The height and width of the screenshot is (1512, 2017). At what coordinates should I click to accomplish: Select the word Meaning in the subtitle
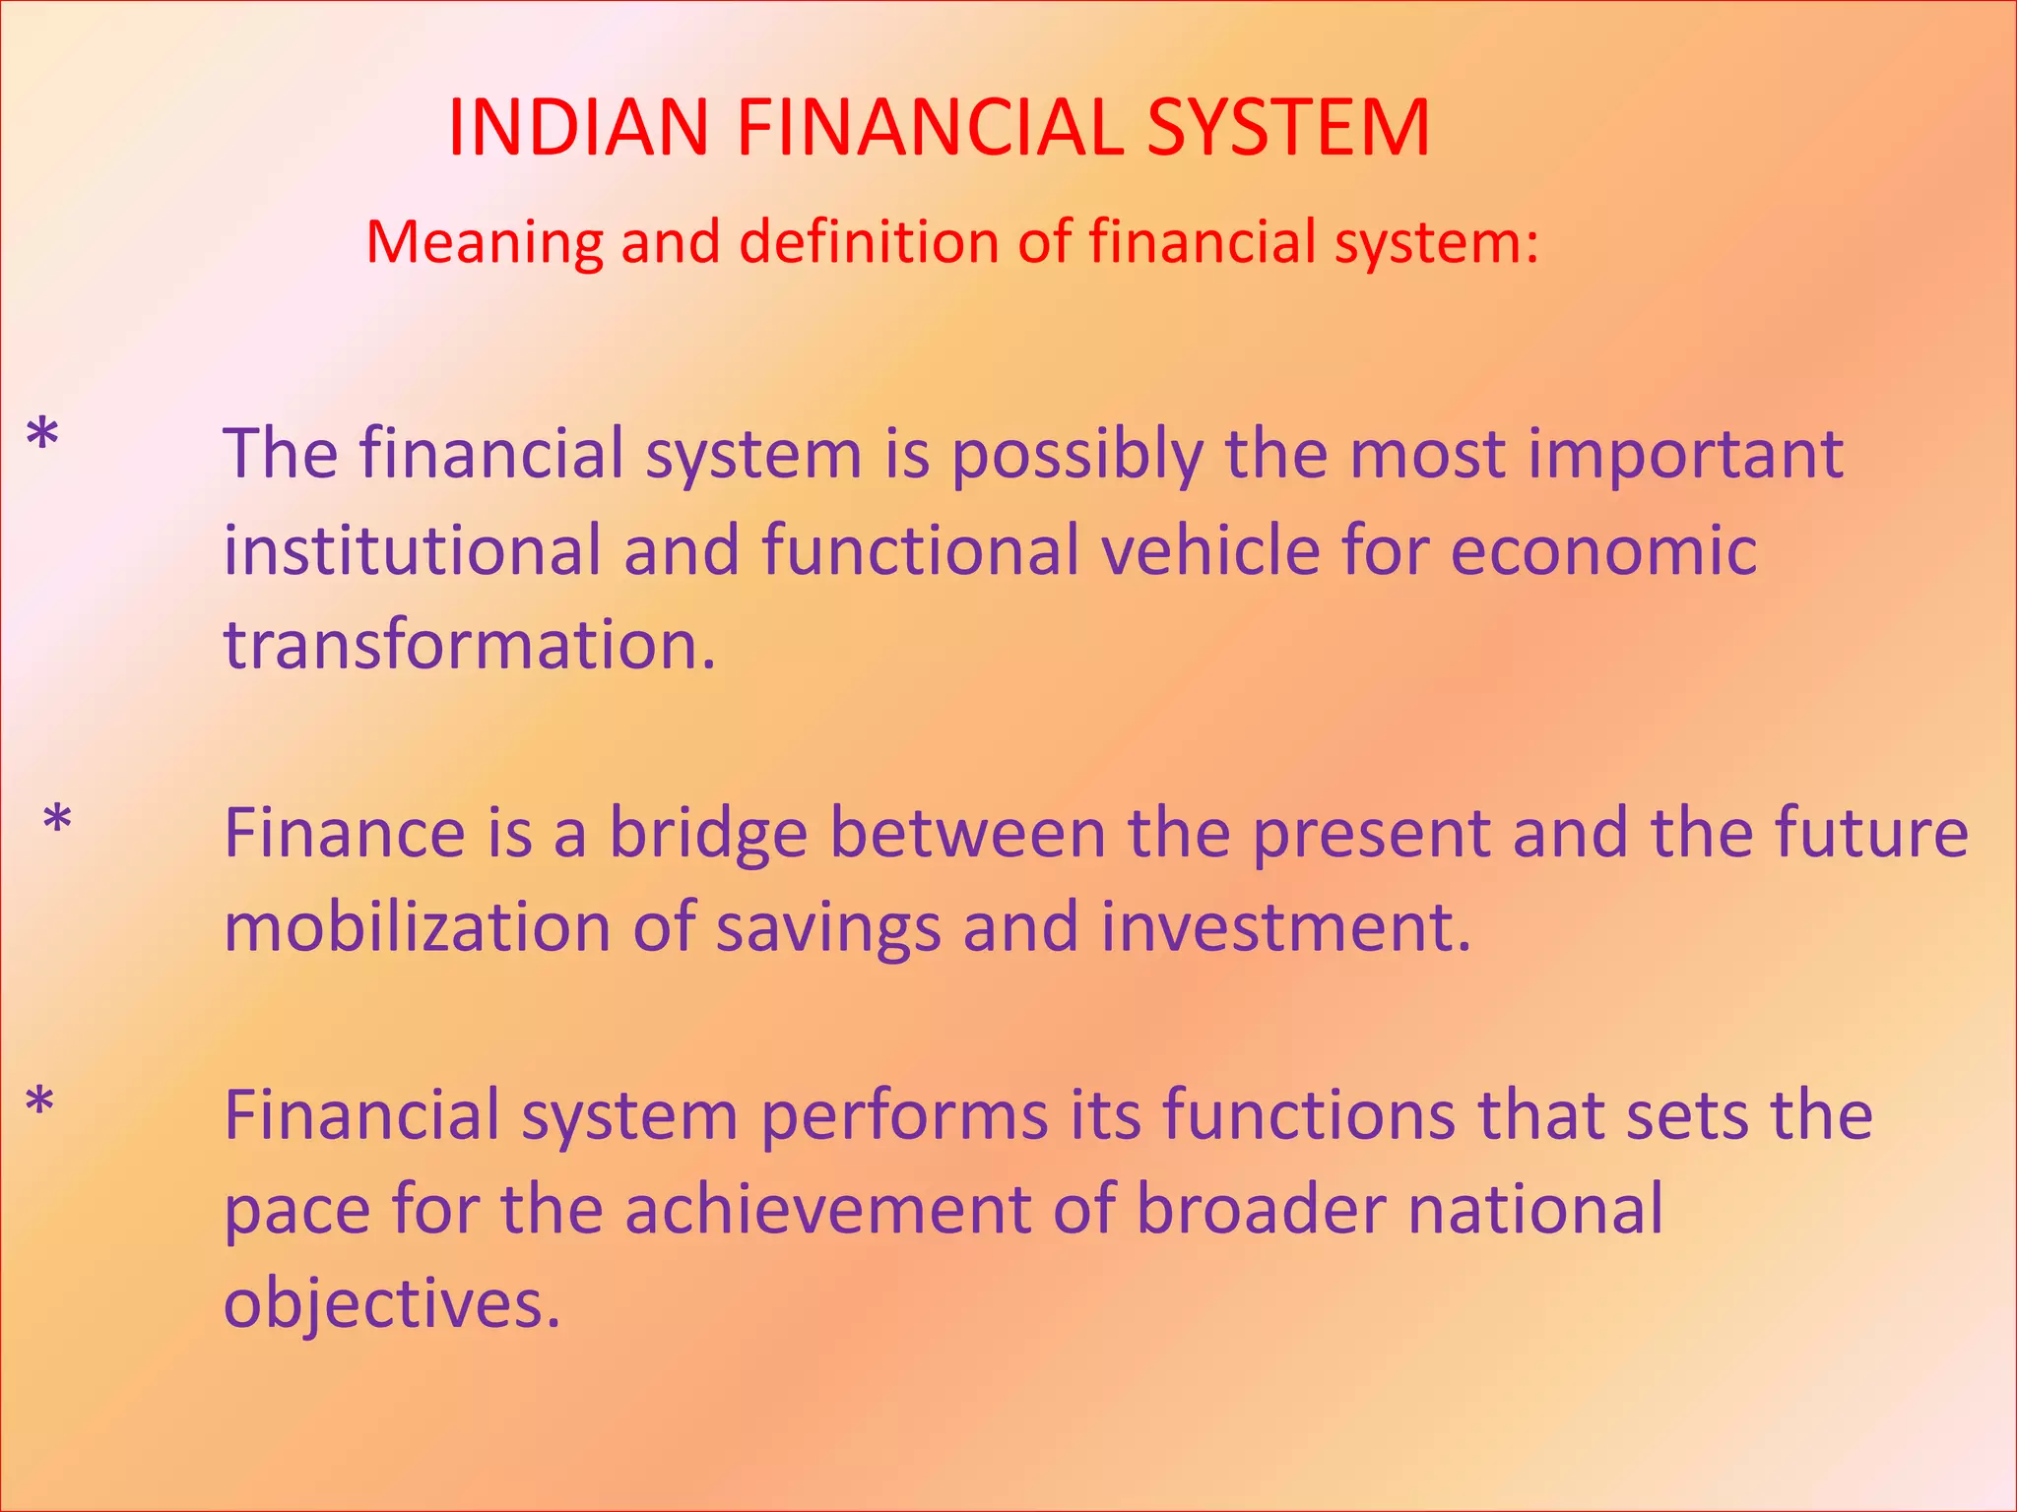[x=484, y=243]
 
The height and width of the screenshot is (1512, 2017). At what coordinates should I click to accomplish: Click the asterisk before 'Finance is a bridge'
[x=58, y=820]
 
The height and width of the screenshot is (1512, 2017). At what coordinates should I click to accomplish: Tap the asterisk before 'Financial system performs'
[x=39, y=1103]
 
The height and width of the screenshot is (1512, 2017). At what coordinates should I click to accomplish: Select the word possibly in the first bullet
[x=1077, y=456]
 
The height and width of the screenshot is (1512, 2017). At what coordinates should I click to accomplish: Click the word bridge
[x=708, y=835]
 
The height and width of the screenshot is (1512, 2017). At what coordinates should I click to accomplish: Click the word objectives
[x=391, y=1305]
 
